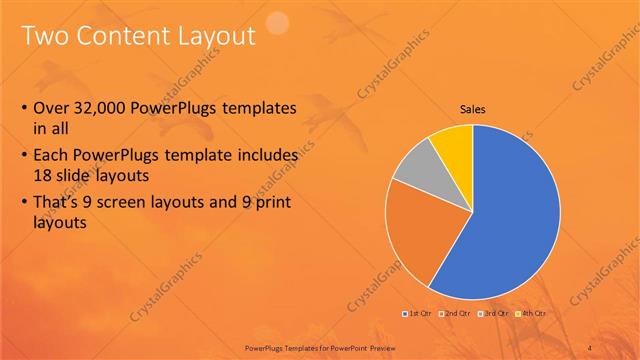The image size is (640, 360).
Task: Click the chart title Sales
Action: coord(473,109)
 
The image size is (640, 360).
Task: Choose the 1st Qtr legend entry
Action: coord(417,313)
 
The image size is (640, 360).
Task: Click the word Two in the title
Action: coord(45,37)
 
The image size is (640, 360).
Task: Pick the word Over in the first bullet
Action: coord(52,109)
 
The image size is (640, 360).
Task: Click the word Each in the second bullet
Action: coord(52,157)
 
